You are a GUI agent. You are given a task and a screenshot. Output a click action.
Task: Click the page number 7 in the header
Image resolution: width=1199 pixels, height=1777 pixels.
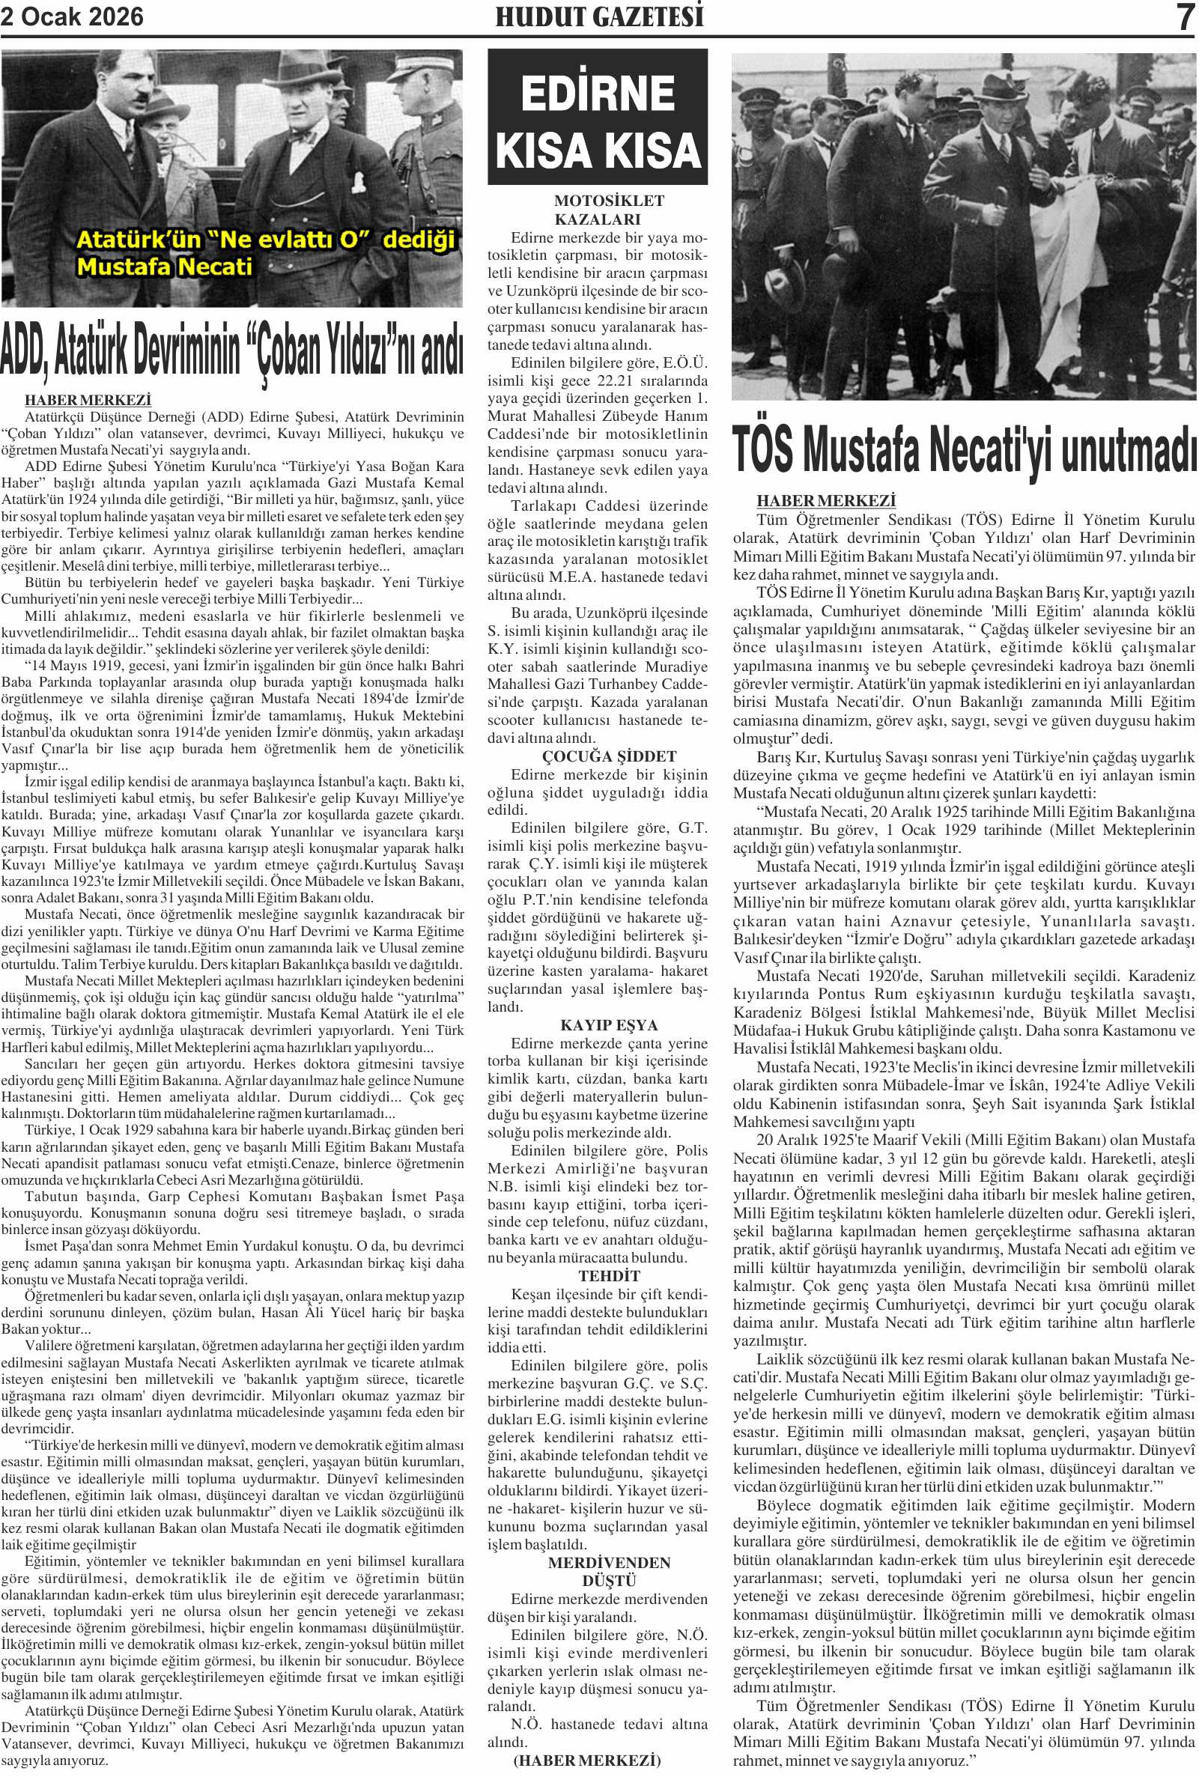pyautogui.click(x=1186, y=16)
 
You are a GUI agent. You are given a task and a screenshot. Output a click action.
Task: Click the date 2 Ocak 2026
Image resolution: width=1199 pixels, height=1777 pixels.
pyautogui.click(x=72, y=16)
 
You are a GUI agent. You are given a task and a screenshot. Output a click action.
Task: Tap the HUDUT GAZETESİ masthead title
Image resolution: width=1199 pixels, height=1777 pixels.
pyautogui.click(x=598, y=16)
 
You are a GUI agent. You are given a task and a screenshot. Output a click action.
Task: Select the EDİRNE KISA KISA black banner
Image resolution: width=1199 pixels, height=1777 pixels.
pyautogui.click(x=597, y=117)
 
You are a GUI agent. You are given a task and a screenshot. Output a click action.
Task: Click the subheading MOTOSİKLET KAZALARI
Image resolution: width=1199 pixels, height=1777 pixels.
pyautogui.click(x=598, y=210)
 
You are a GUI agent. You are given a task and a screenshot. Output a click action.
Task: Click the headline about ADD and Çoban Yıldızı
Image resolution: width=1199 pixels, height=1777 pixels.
pyautogui.click(x=231, y=350)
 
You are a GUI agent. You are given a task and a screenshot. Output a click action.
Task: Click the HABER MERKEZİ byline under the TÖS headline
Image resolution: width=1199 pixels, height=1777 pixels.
pyautogui.click(x=826, y=501)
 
